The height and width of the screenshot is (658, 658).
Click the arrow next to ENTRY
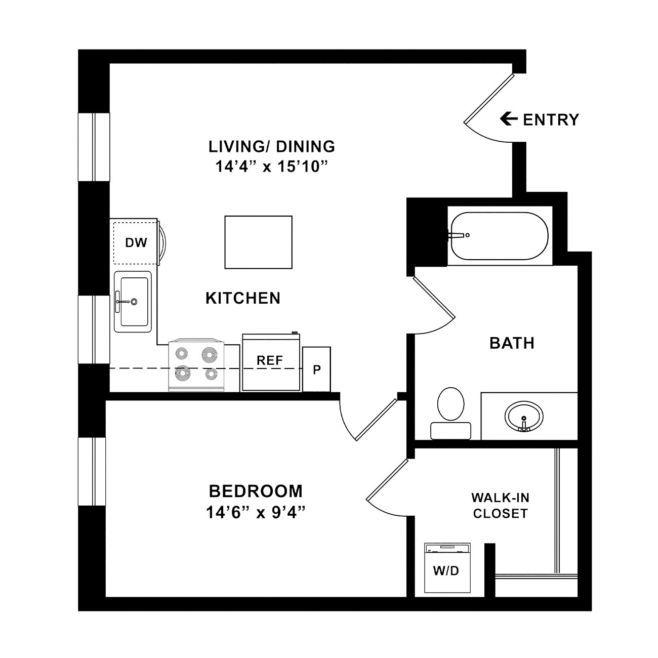click(x=509, y=119)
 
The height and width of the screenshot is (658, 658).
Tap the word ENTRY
click(x=551, y=120)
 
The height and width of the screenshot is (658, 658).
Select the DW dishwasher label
click(x=136, y=242)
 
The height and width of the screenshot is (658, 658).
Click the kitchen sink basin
click(x=135, y=302)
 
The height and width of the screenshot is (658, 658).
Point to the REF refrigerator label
click(x=270, y=360)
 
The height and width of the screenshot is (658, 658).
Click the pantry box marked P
click(x=316, y=369)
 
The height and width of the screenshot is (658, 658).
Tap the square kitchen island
click(x=259, y=242)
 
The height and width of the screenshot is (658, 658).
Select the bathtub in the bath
click(x=500, y=235)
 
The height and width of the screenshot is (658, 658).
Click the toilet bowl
click(x=451, y=403)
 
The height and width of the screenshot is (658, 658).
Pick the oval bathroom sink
click(x=524, y=416)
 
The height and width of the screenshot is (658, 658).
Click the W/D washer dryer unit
click(x=447, y=567)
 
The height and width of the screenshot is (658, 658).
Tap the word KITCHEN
click(x=243, y=298)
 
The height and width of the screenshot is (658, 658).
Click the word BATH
click(x=512, y=343)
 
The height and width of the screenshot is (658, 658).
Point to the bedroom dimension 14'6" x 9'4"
click(x=256, y=513)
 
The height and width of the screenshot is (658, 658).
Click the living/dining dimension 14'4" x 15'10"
click(x=272, y=167)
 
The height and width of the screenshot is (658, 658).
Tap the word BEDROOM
click(x=256, y=491)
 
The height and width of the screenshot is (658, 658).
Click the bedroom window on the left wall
click(x=92, y=472)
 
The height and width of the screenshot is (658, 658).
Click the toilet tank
click(x=451, y=431)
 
